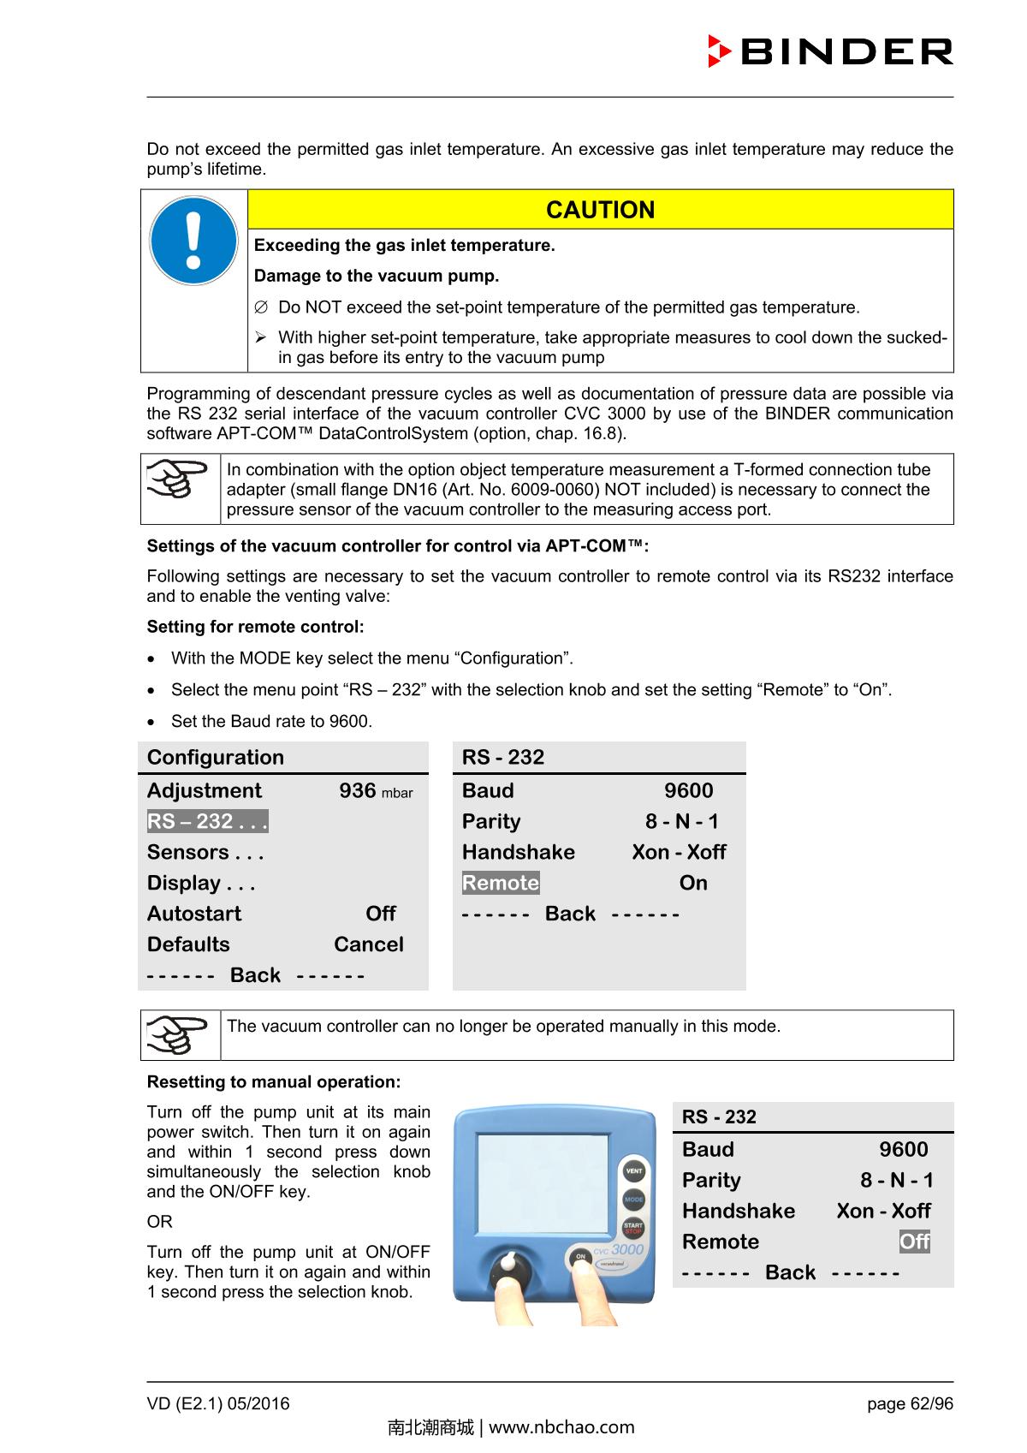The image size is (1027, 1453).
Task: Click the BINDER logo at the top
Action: [x=829, y=52]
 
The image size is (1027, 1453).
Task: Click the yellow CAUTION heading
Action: [x=600, y=210]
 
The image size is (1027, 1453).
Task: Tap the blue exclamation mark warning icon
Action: [x=193, y=241]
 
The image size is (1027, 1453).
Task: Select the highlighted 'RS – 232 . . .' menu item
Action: [x=207, y=821]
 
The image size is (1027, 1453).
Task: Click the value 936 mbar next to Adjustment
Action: [x=375, y=790]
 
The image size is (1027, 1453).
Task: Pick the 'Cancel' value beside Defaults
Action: [x=368, y=944]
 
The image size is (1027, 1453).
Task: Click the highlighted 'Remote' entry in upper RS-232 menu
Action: [x=501, y=883]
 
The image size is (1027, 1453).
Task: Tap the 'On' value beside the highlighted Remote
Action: [x=693, y=883]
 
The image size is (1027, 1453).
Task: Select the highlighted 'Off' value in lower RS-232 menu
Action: [x=914, y=1242]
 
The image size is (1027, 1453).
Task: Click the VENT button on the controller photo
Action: [x=633, y=1171]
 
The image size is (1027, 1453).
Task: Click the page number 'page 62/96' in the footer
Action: [x=909, y=1403]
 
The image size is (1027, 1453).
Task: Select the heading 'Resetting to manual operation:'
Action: [x=274, y=1081]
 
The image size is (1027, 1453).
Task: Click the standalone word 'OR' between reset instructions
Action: [x=159, y=1222]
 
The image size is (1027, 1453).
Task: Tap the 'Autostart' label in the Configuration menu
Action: [x=194, y=914]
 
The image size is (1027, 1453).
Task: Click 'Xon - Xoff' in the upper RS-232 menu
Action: [x=679, y=852]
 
